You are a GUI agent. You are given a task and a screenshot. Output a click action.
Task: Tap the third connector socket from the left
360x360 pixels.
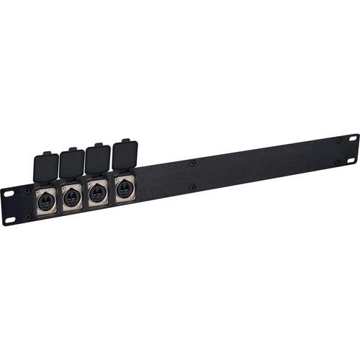pyautogui.click(x=96, y=193)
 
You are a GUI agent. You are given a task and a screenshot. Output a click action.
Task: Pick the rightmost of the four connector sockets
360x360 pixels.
pyautogui.click(x=122, y=189)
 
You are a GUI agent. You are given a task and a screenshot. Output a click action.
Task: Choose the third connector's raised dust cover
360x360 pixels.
pyautogui.click(x=97, y=159)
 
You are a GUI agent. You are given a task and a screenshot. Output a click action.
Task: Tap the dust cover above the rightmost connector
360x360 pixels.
pyautogui.click(x=124, y=155)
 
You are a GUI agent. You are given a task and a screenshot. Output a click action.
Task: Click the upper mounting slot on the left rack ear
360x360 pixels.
pyautogui.click(x=9, y=193)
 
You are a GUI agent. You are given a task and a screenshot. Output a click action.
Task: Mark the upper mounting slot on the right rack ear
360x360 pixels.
pyautogui.click(x=353, y=137)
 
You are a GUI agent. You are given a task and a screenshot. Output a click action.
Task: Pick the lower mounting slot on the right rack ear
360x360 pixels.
pyautogui.click(x=351, y=161)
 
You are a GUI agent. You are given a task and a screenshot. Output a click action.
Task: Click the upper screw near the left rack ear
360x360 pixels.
pyautogui.click(x=27, y=192)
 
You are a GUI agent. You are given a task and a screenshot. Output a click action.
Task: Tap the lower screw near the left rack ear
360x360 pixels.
pyautogui.click(x=28, y=216)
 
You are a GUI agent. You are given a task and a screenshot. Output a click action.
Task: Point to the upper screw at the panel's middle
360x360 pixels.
pyautogui.click(x=192, y=163)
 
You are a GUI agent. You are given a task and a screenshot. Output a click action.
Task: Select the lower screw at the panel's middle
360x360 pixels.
pyautogui.click(x=192, y=188)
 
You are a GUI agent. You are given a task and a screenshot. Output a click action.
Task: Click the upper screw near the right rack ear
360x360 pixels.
pyautogui.click(x=338, y=140)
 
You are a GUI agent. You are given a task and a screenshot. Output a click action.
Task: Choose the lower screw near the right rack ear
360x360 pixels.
pyautogui.click(x=338, y=163)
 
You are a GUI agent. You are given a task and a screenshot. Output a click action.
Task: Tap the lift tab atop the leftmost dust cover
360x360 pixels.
pyautogui.click(x=48, y=153)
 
